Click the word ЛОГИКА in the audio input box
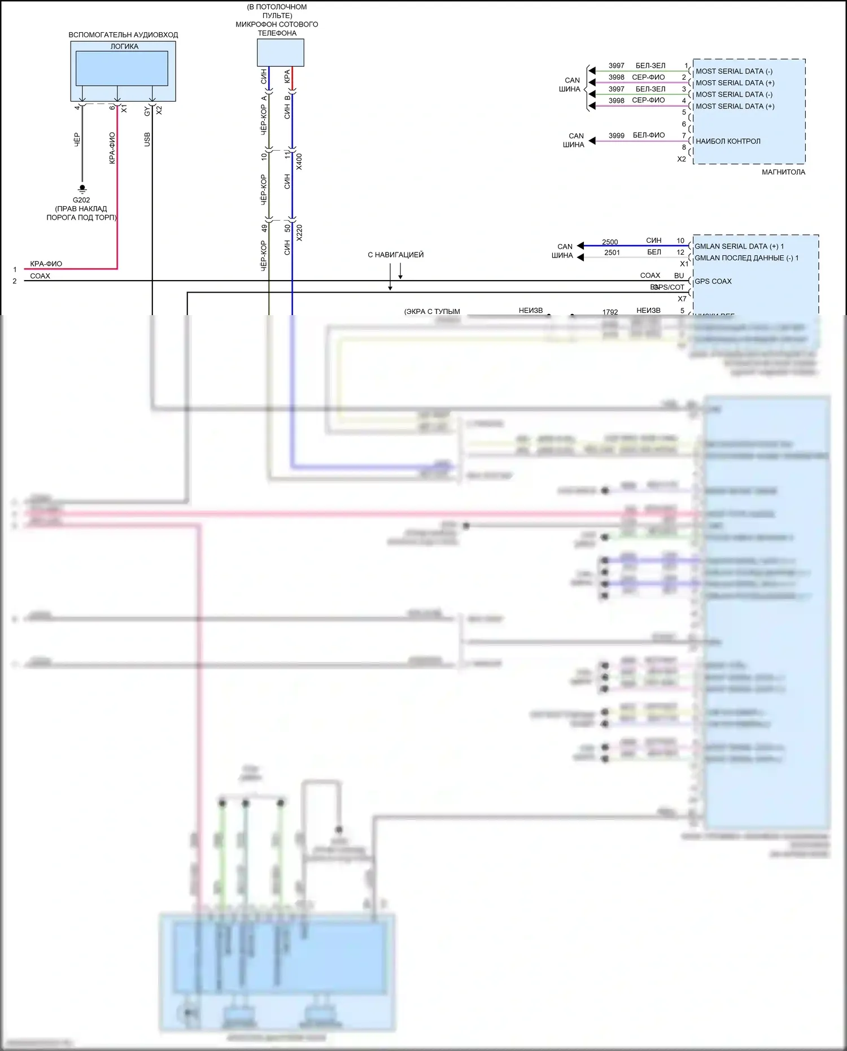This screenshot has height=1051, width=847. coord(124,46)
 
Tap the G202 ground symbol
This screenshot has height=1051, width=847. coord(82,189)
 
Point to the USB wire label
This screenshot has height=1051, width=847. coord(147,139)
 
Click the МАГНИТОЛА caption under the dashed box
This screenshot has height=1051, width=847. coord(783,172)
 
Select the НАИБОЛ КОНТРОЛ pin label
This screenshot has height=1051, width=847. coord(728,141)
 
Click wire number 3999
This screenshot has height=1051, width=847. coord(616,136)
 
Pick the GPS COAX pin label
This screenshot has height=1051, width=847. coord(713,281)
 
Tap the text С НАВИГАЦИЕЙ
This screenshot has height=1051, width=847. coord(395,255)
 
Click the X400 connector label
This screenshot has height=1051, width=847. coord(299,162)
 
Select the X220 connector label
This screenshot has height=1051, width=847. coord(299,233)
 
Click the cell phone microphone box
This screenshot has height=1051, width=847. coord(281,53)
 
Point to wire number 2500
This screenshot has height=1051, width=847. coord(610,242)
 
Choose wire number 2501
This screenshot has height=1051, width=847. coord(612,252)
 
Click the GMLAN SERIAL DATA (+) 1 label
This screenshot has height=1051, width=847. coord(739,246)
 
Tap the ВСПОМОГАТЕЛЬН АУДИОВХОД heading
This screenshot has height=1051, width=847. coord(123,35)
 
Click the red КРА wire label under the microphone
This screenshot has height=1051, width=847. coord(287,76)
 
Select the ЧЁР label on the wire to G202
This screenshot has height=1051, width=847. coord(77,139)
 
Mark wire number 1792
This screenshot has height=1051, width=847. coord(610,312)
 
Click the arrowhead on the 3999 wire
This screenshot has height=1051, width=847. coord(592,141)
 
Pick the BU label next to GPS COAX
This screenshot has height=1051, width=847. coord(679,276)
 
